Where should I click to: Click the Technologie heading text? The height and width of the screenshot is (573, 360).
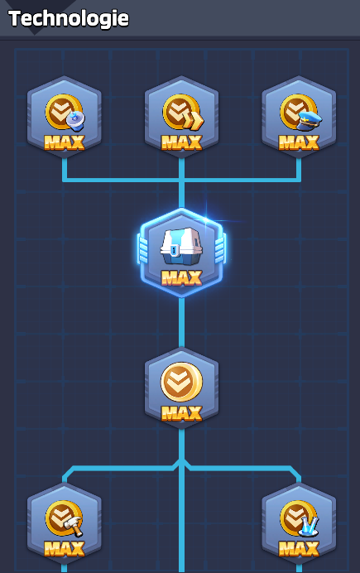point(69,18)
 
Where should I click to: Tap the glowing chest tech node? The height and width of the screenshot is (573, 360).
point(181,253)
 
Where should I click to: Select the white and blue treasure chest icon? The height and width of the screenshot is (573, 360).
point(181,246)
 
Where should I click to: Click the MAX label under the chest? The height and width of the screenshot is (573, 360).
point(181,277)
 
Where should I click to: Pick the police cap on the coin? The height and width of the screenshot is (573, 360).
point(309,122)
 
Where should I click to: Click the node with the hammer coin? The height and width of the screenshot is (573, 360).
point(65,523)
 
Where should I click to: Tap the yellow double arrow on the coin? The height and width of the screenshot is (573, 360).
point(193,122)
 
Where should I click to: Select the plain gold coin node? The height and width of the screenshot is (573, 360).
point(181,388)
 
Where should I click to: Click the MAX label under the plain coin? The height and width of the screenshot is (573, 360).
point(181,413)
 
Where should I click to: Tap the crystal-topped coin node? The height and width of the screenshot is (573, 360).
point(299,523)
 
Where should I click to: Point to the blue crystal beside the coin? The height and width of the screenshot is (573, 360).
point(309,527)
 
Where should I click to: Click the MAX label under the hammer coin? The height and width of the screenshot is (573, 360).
point(65,548)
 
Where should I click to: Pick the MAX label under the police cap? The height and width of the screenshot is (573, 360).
point(299,142)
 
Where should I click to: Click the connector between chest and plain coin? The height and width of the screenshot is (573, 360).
point(181,322)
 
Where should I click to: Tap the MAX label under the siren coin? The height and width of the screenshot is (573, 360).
point(65,142)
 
